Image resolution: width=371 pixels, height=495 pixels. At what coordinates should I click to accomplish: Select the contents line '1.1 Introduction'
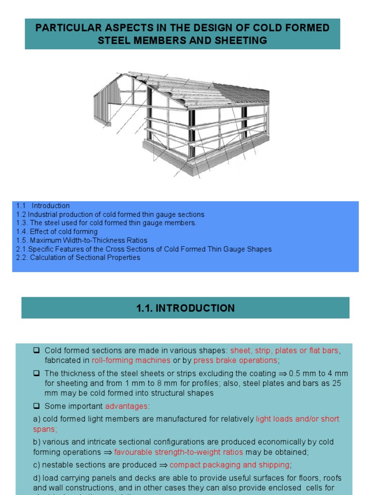[43, 205]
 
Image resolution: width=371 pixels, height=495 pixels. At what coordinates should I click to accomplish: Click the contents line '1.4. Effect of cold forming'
[57, 232]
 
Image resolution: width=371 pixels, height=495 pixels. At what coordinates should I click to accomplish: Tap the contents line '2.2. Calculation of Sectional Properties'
[78, 258]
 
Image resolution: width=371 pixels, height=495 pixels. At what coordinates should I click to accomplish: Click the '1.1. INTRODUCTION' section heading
[185, 308]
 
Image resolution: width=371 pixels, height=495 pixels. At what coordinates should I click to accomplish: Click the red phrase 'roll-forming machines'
[131, 360]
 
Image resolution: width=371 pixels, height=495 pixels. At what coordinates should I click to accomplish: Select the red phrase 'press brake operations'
[235, 360]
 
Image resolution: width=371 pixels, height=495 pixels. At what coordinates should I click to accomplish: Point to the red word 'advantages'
[127, 406]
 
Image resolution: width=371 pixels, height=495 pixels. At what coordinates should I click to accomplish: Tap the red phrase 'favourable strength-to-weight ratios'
[179, 452]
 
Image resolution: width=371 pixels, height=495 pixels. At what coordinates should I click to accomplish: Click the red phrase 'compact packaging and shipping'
[229, 465]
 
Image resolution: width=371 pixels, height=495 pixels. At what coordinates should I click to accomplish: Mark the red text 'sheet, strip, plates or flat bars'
[285, 350]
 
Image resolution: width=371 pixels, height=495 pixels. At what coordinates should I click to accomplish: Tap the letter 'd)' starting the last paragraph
[37, 478]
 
